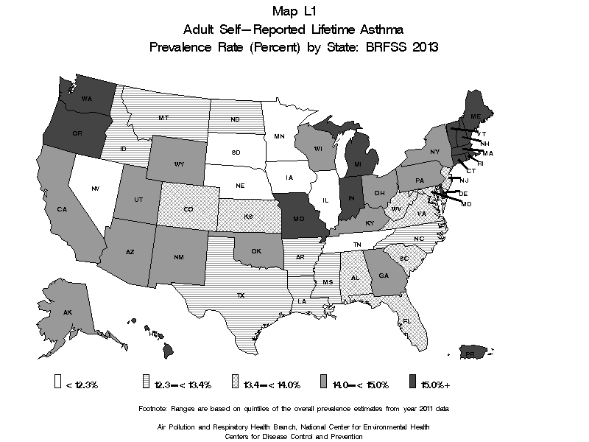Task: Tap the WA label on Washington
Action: (x=86, y=99)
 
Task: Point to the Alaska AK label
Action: (x=67, y=312)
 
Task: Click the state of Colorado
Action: (x=188, y=209)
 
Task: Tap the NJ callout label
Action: (x=465, y=180)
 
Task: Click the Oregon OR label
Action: (x=76, y=133)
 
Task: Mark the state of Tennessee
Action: (x=356, y=244)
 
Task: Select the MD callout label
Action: (x=466, y=204)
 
